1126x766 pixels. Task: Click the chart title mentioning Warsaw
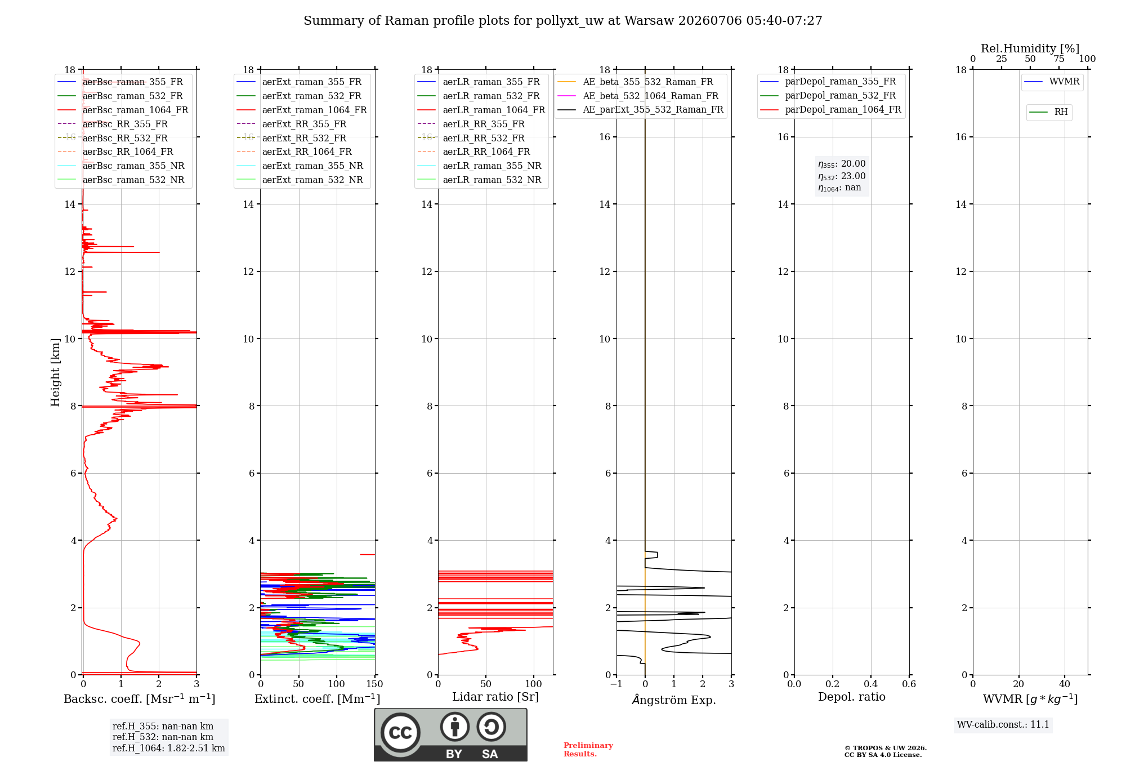(x=563, y=21)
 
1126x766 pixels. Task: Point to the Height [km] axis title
(x=55, y=372)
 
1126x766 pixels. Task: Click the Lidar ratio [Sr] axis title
(x=495, y=697)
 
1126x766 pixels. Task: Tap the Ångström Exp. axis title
(x=674, y=700)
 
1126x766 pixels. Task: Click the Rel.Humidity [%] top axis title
(x=1030, y=48)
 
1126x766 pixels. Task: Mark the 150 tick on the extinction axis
(x=374, y=684)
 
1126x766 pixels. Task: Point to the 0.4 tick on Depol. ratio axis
(x=871, y=684)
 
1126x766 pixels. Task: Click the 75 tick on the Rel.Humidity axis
(x=1059, y=59)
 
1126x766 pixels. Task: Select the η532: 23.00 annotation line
(x=842, y=176)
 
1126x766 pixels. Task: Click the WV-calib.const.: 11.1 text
(x=1003, y=725)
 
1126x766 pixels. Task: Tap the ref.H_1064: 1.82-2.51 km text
(x=169, y=749)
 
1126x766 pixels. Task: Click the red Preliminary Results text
(x=588, y=750)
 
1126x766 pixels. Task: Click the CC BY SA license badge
(x=450, y=735)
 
